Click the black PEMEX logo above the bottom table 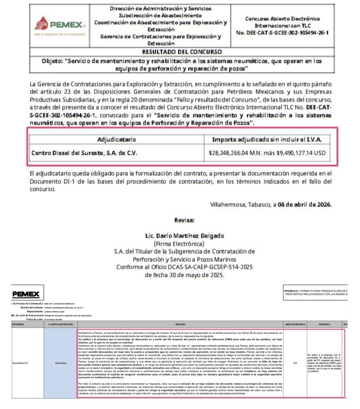point(26,294)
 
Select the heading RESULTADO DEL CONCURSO point(182,52)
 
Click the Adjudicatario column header point(117,139)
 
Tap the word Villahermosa point(228,204)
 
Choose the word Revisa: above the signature point(184,220)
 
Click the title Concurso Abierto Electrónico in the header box point(282,19)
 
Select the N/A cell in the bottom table point(295,363)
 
